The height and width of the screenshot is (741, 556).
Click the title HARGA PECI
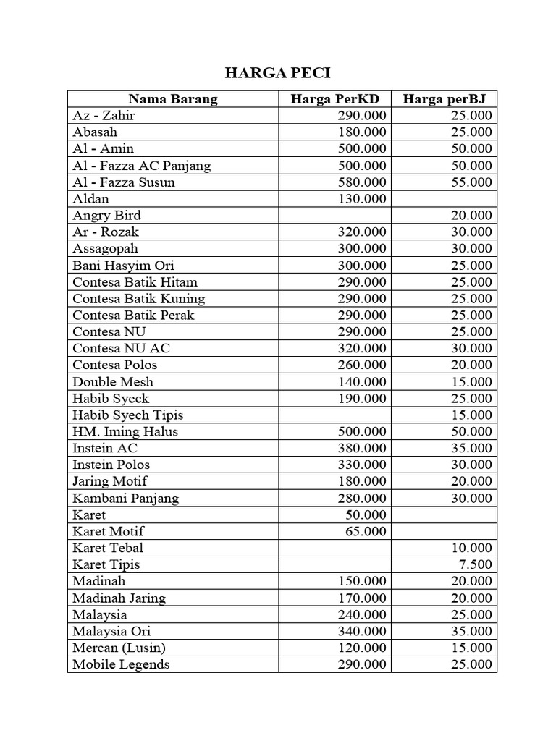tap(278, 73)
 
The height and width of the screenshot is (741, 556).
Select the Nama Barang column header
tap(173, 99)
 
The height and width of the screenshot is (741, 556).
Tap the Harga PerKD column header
tap(335, 99)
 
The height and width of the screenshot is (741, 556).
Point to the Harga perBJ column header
tap(445, 99)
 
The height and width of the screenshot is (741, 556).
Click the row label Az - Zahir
tap(104, 116)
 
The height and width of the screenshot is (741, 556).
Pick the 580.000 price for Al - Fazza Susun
tap(362, 182)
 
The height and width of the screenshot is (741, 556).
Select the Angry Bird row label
tap(107, 216)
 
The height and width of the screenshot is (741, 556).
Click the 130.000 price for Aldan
tap(362, 199)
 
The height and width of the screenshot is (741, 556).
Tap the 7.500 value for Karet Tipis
tap(476, 564)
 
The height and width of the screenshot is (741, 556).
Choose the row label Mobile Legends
tap(121, 664)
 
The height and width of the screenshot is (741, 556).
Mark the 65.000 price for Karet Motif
tap(366, 531)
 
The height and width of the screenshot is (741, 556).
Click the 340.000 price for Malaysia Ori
tap(362, 631)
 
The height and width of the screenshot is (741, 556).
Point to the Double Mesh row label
tap(113, 382)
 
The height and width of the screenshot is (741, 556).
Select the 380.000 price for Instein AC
tap(362, 448)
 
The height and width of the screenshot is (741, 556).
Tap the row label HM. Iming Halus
tap(125, 432)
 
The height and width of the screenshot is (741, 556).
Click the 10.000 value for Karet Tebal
tap(471, 548)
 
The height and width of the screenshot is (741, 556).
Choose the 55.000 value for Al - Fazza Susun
tap(471, 182)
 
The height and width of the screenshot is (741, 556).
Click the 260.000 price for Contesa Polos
tap(362, 365)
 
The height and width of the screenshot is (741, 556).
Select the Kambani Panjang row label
tap(125, 498)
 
